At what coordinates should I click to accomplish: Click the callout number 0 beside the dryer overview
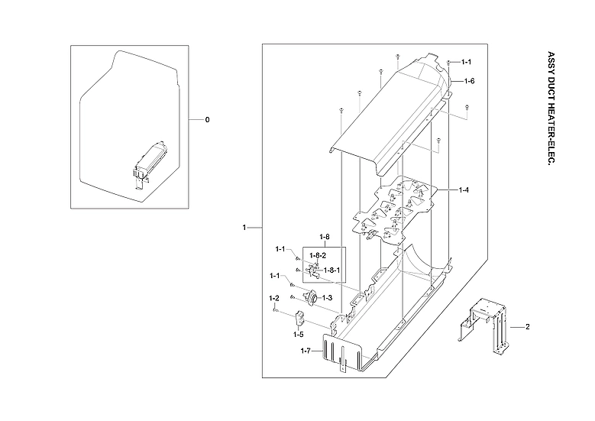(x=206, y=120)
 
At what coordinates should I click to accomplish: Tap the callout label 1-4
(x=464, y=189)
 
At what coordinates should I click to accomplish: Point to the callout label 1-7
(x=306, y=351)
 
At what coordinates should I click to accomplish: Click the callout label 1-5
(x=298, y=334)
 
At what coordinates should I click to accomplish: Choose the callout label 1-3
(x=327, y=297)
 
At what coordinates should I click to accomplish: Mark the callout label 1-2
(x=273, y=297)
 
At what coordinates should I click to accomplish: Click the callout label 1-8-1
(x=331, y=270)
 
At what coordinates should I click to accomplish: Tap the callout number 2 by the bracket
(x=526, y=326)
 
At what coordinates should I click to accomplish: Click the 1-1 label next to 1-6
(x=465, y=62)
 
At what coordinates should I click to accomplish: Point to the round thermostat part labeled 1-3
(x=310, y=298)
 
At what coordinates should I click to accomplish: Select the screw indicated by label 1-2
(x=273, y=309)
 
